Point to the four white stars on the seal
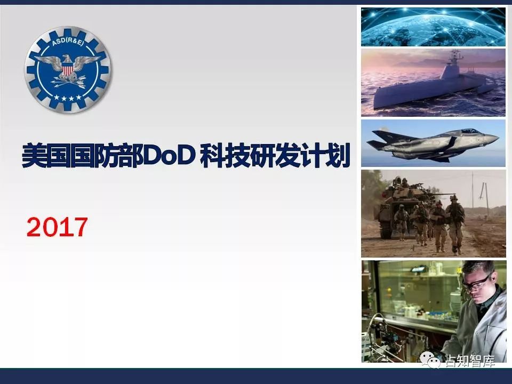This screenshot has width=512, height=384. coord(68,97)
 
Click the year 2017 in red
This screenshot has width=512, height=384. coord(57,227)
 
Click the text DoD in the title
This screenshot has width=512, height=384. coord(170,155)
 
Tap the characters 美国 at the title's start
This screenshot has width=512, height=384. coord(46,155)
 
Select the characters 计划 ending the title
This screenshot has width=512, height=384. coord(325,155)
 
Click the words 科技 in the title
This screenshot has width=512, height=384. coord(225,155)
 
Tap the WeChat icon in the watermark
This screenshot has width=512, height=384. coord(430,359)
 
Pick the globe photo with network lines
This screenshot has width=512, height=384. coord(433,27)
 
